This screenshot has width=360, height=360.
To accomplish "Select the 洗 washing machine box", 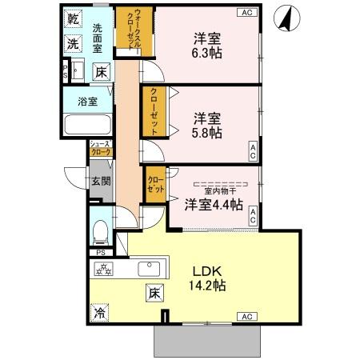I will [74, 44].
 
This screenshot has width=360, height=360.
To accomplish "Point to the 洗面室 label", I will [98, 38].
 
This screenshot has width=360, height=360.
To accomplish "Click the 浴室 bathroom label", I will [88, 102].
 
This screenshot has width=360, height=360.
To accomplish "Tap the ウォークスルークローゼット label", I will [126, 30].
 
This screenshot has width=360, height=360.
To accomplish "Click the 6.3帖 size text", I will [207, 54].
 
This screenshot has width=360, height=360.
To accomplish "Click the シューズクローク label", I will [100, 149].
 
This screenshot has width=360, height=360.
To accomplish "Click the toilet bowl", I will [100, 232].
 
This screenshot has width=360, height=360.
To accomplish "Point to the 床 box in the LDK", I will [152, 294].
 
